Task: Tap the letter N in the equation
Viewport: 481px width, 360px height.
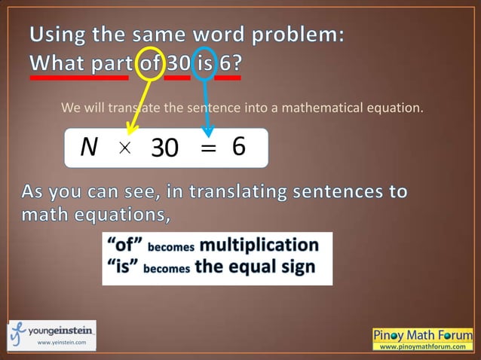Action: [x=89, y=148]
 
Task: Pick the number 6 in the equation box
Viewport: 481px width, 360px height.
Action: [x=239, y=147]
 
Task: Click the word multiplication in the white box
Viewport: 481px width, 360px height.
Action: [x=259, y=246]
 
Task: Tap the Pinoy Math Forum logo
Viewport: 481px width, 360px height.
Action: [x=423, y=334]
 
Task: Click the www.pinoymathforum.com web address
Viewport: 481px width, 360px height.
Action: [x=423, y=346]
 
